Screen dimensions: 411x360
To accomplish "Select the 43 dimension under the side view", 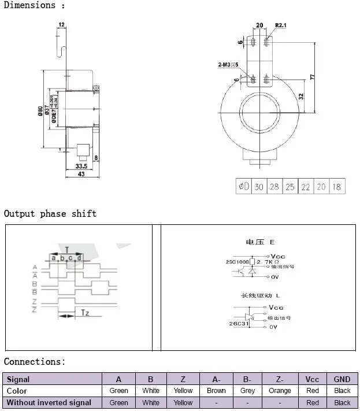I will click(81, 174).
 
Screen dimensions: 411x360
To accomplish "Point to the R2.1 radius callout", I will click(281, 25).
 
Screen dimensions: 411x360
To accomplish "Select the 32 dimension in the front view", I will click(301, 97).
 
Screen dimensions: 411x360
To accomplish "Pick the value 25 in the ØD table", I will click(290, 187).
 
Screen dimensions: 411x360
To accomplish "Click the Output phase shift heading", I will click(50, 213).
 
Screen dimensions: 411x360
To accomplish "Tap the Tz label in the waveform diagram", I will click(84, 313).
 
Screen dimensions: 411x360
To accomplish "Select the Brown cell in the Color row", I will click(216, 391).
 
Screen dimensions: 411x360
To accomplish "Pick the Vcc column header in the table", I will click(312, 379).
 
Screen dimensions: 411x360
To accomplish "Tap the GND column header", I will click(342, 379).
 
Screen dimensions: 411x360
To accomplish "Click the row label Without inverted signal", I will click(49, 402).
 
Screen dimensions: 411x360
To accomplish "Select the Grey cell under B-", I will click(247, 391).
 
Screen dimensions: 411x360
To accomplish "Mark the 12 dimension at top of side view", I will click(61, 25).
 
